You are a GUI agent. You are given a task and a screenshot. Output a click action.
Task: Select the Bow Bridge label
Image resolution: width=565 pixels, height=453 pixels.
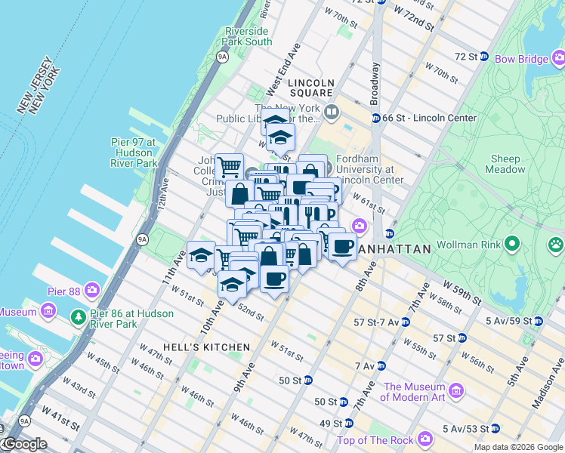[521, 58]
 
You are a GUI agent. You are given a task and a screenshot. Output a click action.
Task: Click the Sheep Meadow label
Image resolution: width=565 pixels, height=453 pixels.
[505, 164]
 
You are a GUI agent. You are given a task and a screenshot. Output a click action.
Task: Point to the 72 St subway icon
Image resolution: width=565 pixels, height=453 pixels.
[485, 57]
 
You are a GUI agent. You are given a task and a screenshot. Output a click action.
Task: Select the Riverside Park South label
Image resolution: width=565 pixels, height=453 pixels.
[248, 36]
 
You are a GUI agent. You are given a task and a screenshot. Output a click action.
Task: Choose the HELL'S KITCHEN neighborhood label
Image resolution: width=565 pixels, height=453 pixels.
[194, 347]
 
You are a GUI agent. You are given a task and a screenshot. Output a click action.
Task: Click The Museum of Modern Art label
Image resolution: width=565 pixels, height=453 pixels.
[413, 392]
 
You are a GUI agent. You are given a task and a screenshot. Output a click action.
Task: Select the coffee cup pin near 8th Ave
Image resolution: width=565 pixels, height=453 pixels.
[342, 246]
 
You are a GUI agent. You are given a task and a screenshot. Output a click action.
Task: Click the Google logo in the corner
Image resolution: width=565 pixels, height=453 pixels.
[25, 444]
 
